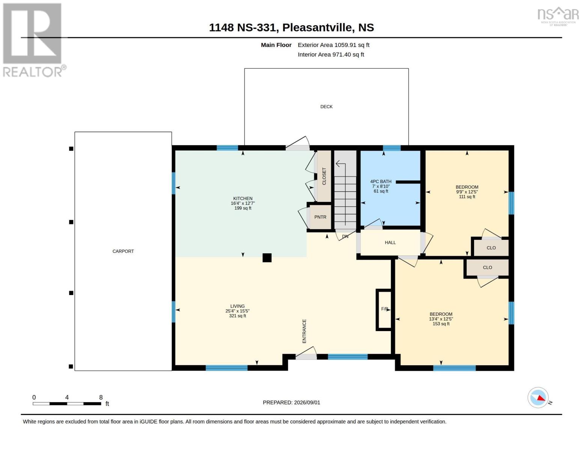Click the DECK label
point(326,107)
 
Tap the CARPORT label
point(123,251)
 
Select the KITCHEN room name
point(243,198)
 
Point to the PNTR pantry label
point(320,217)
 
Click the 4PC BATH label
point(381,182)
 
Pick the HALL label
point(390,242)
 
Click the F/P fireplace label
point(384,309)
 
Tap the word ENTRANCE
point(304,331)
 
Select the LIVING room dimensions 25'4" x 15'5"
point(237,311)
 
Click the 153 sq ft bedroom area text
point(441,324)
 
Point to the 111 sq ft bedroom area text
point(467,197)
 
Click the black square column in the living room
point(267,257)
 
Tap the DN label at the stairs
point(345,237)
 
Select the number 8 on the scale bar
point(101,397)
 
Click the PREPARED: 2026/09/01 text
point(291,403)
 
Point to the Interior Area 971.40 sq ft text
point(331,54)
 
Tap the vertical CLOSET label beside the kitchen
point(324,176)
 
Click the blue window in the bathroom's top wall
point(392,148)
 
